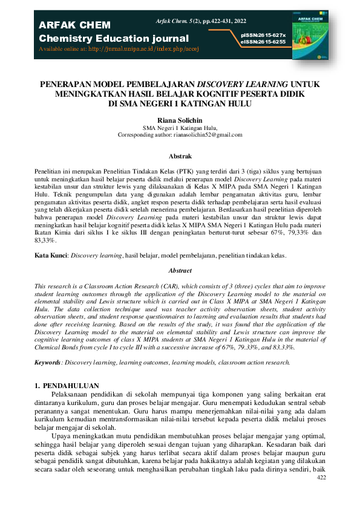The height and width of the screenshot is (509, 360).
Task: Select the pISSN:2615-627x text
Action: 263,36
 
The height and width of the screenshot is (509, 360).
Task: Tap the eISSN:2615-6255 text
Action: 263,42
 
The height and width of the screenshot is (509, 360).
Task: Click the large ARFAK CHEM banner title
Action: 74,25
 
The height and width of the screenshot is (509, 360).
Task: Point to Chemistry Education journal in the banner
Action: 114,39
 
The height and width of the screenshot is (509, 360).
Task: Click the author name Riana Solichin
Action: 180,121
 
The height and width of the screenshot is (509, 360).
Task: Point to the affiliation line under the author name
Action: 180,128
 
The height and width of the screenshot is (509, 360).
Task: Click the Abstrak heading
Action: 180,156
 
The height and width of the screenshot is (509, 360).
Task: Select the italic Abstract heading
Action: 180,271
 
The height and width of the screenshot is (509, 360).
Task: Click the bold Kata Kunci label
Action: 51,256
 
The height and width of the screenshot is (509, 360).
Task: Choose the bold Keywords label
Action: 48,362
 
